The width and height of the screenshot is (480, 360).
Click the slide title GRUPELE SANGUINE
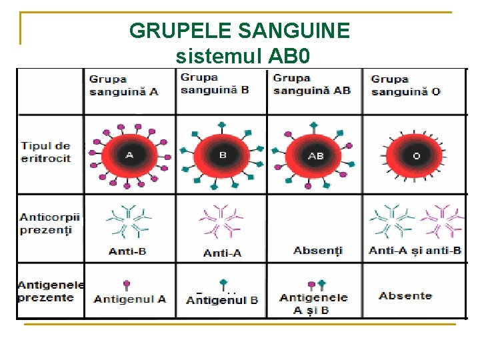coord(239,30)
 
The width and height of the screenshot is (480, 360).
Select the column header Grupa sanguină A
coord(124,85)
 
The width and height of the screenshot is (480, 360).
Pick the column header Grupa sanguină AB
coord(311,84)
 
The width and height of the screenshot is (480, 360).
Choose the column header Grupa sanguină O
coord(405,85)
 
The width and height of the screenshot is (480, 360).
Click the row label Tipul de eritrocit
coord(45,152)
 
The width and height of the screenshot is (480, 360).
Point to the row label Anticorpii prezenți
coord(49,223)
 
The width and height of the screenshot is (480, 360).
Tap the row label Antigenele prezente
coord(51,291)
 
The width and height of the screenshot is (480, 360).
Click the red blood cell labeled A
coord(130,155)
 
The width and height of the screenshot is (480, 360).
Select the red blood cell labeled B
coord(223,155)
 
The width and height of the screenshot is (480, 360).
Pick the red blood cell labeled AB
coord(315,155)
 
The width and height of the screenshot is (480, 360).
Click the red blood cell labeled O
coord(416,155)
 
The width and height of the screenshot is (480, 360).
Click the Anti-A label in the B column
coord(223,253)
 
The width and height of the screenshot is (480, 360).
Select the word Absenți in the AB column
coord(317,251)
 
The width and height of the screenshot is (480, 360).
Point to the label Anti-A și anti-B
coord(415,251)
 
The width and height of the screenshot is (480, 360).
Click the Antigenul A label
coord(130,299)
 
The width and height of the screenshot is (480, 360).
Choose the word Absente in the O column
coord(405,295)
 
